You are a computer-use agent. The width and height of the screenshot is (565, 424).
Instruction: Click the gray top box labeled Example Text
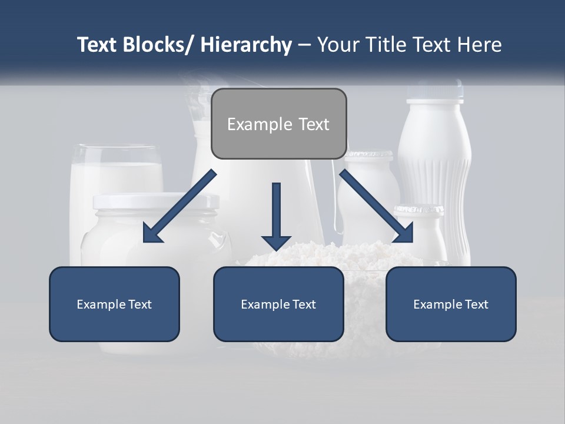(x=278, y=124)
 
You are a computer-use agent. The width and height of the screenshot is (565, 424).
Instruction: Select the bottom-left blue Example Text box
(x=114, y=304)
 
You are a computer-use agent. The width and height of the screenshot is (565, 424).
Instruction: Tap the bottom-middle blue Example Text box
(x=278, y=304)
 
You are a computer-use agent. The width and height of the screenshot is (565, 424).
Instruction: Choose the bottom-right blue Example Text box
(x=451, y=304)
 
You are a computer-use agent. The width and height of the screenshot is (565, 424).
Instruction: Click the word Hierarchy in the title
(x=246, y=45)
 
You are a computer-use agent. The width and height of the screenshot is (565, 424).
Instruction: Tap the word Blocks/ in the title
(x=158, y=45)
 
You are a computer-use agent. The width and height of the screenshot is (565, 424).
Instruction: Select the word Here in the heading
(x=477, y=45)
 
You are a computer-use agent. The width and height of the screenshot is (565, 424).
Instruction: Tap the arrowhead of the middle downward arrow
(x=276, y=242)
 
